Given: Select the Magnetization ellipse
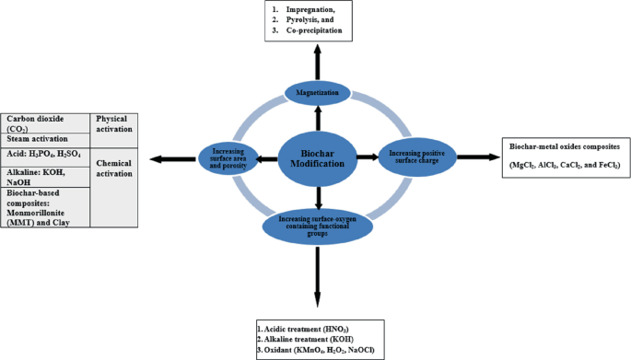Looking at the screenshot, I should coord(317,93).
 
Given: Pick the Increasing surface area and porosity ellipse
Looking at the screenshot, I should coord(228,157).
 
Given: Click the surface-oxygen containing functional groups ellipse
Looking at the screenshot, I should coord(318,223).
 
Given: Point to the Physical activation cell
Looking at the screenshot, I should coord(116,125).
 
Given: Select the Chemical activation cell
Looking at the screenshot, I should coord(116,168).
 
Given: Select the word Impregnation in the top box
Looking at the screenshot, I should coord(319,9).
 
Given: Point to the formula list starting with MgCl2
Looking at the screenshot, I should coord(565,165).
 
